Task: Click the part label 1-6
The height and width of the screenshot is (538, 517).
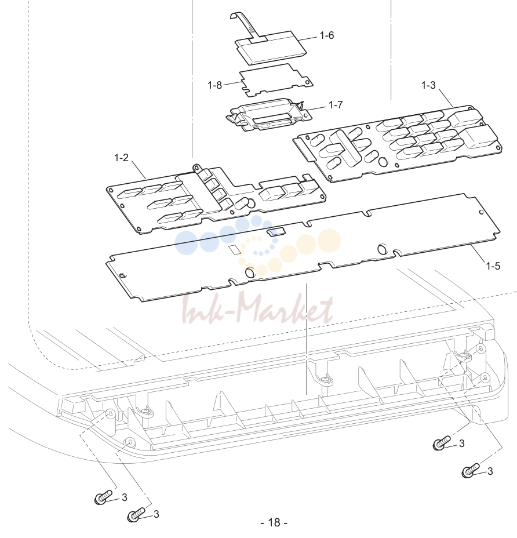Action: (326, 35)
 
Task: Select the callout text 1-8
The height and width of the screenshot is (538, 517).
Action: (215, 85)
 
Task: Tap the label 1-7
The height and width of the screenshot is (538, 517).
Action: (336, 105)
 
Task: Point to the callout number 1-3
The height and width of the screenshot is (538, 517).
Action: (428, 85)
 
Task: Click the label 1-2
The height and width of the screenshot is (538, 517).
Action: (121, 158)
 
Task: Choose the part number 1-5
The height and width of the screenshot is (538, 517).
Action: (493, 266)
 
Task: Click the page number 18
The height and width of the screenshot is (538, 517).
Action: (274, 522)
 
